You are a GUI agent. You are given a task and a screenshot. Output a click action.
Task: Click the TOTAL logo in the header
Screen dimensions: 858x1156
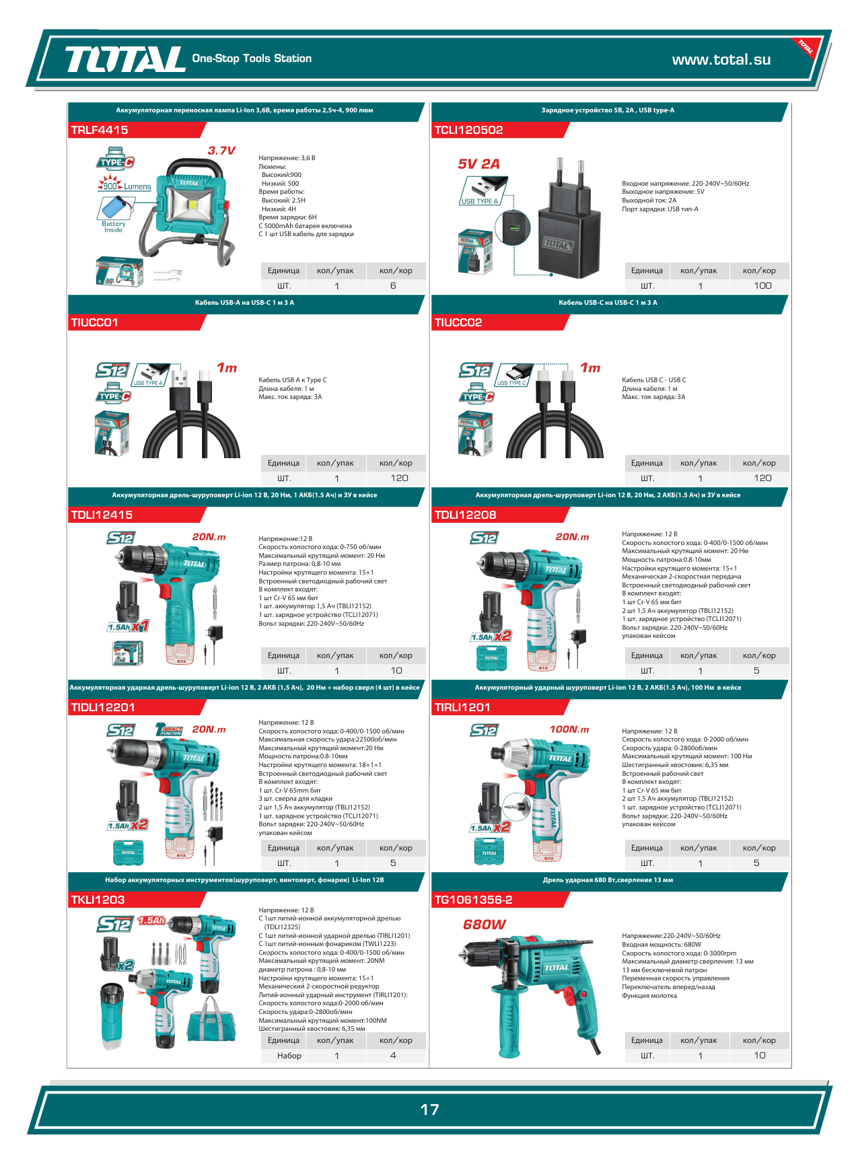[124, 59]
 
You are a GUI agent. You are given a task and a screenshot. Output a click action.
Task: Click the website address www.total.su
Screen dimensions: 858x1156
[721, 59]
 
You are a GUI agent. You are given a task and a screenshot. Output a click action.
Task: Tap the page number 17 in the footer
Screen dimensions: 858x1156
[429, 1110]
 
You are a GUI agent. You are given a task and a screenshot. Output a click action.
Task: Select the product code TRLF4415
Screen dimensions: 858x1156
[100, 130]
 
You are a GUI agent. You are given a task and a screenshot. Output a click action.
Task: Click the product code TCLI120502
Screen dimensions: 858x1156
[468, 130]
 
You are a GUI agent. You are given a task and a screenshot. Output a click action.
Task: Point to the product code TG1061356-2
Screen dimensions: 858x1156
[473, 900]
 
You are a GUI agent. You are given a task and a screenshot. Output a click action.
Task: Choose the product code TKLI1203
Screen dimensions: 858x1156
[98, 900]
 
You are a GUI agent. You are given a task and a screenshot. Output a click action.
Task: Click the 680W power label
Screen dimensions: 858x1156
[485, 925]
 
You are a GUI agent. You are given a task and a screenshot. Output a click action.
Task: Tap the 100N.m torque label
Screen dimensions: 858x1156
[569, 729]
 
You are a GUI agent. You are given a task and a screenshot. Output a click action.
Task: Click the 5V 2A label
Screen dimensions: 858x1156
[479, 164]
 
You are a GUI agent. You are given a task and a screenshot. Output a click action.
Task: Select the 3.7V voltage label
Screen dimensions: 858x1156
[221, 151]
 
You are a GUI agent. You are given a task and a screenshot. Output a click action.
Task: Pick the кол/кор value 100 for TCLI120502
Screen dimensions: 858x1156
[762, 286]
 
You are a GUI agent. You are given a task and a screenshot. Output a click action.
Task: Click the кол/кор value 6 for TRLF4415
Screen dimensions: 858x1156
[393, 286]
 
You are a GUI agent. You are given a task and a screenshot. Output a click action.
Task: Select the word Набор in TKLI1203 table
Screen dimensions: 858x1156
[289, 1056]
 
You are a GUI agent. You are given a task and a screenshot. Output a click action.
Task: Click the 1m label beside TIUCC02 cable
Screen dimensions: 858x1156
[590, 367]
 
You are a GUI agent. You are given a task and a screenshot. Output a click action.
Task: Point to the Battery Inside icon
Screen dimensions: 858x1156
[114, 215]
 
